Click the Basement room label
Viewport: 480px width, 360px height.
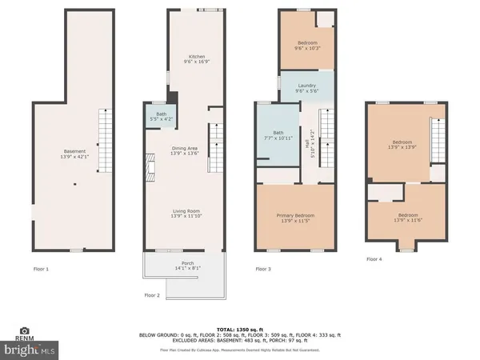coord(74,154)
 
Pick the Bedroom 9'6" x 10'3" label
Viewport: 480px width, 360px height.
coord(307,46)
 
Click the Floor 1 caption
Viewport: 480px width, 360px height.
coord(41,269)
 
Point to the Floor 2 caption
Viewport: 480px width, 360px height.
coord(152,295)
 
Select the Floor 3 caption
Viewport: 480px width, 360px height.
coord(263,269)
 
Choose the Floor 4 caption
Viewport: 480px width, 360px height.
coord(374,259)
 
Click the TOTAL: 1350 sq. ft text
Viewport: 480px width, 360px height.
coord(240,328)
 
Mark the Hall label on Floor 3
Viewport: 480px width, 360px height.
coord(310,145)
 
